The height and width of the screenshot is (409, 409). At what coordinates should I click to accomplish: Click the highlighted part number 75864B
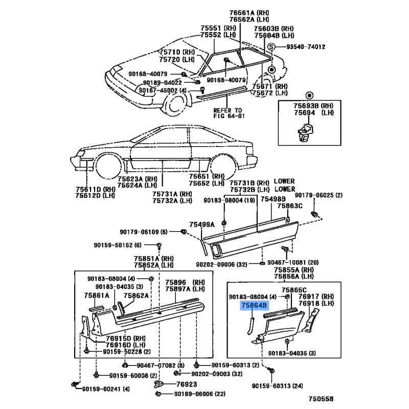coord(254,306)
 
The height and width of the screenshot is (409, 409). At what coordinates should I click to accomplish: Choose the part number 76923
coord(186,384)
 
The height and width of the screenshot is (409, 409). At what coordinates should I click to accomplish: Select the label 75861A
coord(97,295)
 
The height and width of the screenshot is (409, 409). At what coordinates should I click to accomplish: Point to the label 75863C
coord(290,206)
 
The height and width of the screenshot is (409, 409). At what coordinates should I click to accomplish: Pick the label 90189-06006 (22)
coord(198,394)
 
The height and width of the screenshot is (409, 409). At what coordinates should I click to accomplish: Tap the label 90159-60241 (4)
coord(105,389)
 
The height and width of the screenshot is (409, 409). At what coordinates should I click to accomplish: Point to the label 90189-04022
coord(162,82)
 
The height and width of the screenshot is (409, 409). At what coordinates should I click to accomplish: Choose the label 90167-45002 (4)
coord(161,90)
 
